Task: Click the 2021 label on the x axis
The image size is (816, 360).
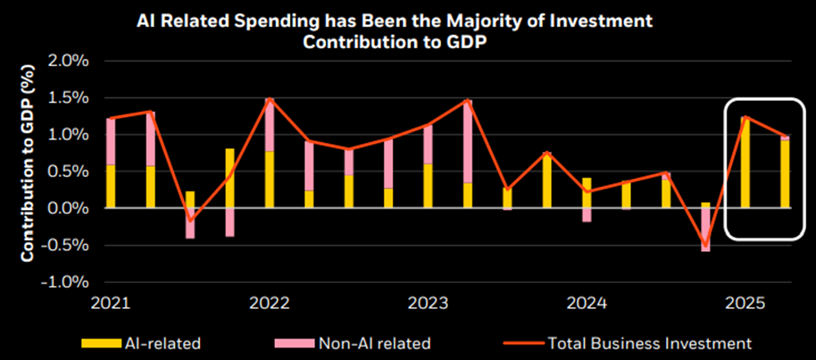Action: pos(107,304)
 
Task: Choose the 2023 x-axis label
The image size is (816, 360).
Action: pos(428,304)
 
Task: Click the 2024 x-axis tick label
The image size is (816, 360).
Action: pos(587,304)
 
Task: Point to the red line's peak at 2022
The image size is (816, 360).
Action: pos(269,98)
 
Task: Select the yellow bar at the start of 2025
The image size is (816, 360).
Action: pos(745,163)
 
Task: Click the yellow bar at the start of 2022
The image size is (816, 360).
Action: pos(269,179)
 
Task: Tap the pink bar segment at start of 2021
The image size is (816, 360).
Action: pos(110,141)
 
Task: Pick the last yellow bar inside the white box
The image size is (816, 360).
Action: pos(785,173)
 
